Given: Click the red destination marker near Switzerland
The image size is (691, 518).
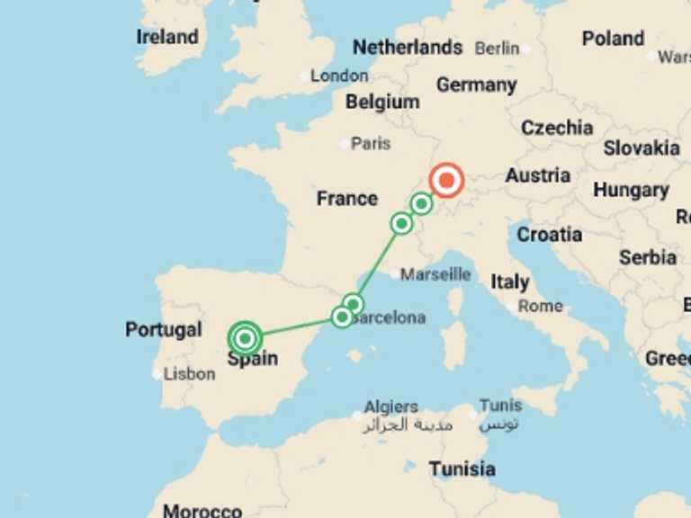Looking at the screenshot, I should (x=445, y=180).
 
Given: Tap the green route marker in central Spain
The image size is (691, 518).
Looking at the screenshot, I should (x=245, y=338).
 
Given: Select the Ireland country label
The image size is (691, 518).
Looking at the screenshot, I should (x=167, y=37).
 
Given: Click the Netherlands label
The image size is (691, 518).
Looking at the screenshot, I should (x=408, y=47).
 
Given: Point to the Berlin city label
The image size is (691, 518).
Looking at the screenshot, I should (x=497, y=49).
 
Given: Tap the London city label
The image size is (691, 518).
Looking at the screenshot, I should (x=339, y=76).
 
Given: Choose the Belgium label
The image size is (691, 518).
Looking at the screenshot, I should (x=382, y=102).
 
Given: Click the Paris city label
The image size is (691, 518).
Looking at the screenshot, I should (x=371, y=143).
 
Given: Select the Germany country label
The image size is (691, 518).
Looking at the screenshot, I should (x=476, y=85).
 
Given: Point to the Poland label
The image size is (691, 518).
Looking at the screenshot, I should (x=613, y=39).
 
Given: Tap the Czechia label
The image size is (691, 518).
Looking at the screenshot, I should (x=557, y=128).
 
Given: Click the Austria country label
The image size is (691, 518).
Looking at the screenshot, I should (x=537, y=175).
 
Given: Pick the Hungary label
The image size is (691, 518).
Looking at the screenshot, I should (x=631, y=190).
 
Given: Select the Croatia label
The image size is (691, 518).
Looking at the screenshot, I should (x=549, y=235).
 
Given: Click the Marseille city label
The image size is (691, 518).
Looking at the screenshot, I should (x=435, y=273).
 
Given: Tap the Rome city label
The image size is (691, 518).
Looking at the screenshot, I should (x=540, y=306).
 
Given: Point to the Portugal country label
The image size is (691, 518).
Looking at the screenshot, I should (x=164, y=329).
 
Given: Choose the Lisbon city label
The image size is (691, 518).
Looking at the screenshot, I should (x=189, y=373).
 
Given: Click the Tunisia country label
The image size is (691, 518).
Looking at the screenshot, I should (x=462, y=469).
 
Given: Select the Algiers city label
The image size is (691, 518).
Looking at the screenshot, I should (x=390, y=406).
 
